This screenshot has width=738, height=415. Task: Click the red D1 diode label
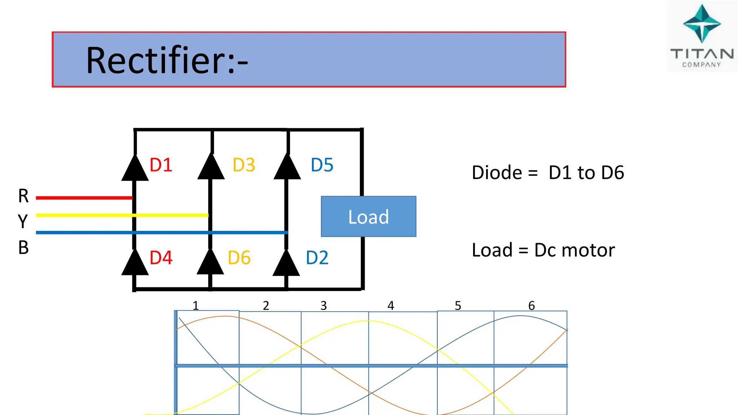161,165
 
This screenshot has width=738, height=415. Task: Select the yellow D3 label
244,165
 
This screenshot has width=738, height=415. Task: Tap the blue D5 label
322,165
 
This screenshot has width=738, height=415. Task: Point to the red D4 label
161,258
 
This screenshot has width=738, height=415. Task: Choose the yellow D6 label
239,258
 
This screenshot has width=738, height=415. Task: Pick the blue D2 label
317,258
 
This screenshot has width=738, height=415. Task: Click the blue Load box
368,217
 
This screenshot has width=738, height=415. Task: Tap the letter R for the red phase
23,196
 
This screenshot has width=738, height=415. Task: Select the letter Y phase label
23,221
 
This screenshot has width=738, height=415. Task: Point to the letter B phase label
23,248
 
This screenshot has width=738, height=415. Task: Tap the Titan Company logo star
702,24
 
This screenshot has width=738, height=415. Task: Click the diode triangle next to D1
135,168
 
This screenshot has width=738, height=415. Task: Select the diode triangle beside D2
286,263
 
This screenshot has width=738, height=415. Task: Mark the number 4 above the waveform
391,306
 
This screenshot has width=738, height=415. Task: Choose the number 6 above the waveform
532,306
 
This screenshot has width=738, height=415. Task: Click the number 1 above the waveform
196,306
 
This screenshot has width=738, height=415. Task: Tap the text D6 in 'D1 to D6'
613,173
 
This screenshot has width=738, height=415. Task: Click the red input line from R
84,198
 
